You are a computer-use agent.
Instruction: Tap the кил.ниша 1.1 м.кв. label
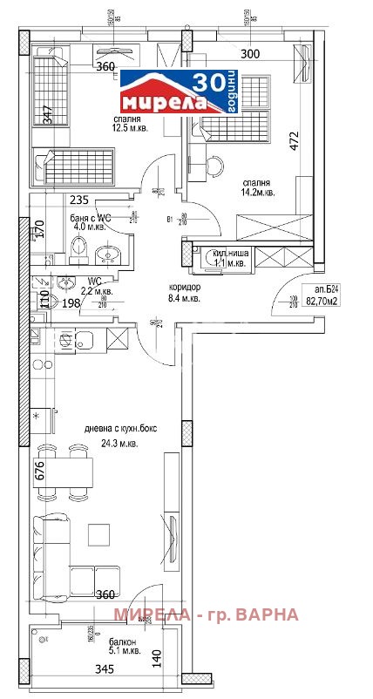pos(224,258)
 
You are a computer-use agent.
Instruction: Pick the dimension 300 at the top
pos(250,53)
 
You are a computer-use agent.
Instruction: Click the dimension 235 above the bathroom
pos(54,199)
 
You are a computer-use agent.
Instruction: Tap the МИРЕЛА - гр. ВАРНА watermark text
pos(206,614)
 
